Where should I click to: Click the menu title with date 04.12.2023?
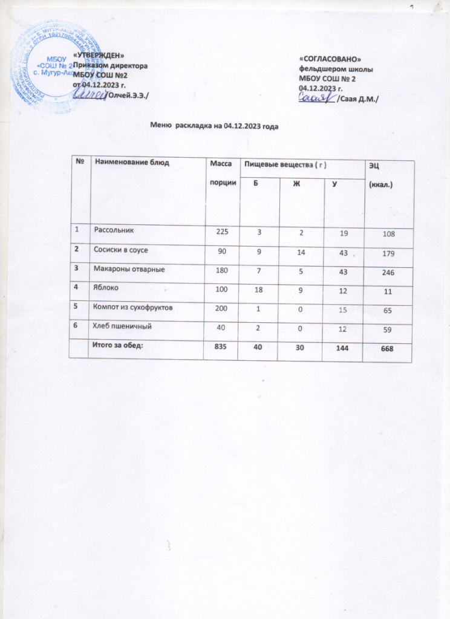pyautogui.click(x=217, y=126)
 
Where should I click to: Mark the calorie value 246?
pyautogui.click(x=388, y=273)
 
